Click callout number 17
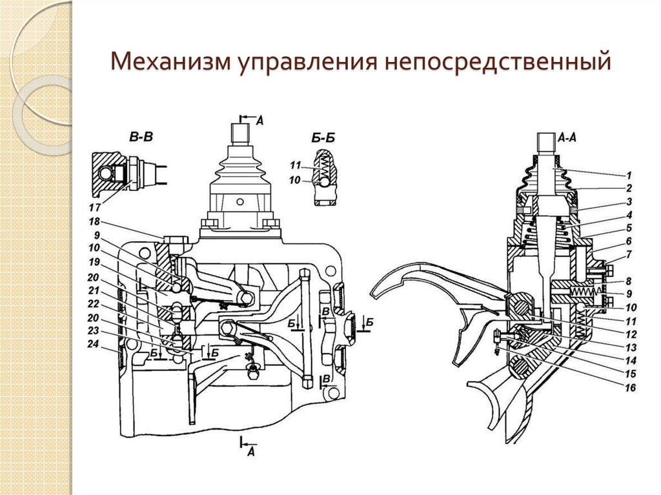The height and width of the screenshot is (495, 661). pos(94,208)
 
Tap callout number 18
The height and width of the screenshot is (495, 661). pos(94,221)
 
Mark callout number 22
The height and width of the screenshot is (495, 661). pos(94,303)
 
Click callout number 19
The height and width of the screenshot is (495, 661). pos(94,262)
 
